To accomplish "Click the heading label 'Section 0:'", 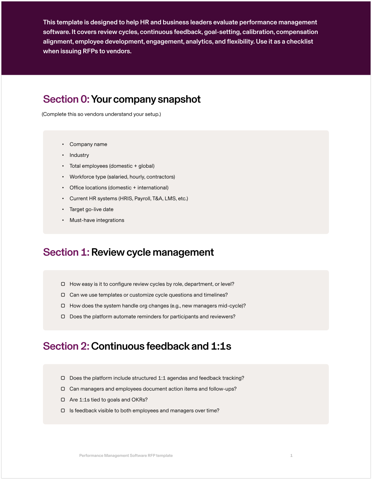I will (x=66, y=99).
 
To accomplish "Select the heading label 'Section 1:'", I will (x=66, y=252).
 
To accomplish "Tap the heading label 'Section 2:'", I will (x=66, y=346).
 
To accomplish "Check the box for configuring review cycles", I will (x=63, y=284).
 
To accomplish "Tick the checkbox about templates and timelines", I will (x=63, y=295).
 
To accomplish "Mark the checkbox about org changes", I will (x=63, y=306).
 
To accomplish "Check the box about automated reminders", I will (x=63, y=317).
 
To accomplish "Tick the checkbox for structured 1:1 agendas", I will (x=63, y=378).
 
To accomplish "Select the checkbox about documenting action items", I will (x=63, y=389).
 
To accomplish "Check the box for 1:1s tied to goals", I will (x=63, y=400).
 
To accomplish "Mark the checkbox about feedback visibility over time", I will (x=63, y=411).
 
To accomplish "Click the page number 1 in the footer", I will (x=291, y=456).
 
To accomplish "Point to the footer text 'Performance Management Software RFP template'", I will (x=126, y=456).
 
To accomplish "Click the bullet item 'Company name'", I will (x=88, y=144).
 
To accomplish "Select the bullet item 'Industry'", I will (x=79, y=155).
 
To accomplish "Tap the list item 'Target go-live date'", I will (x=92, y=209).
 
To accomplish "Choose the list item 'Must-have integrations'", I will (x=97, y=220).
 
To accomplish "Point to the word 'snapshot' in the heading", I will (x=179, y=99).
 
